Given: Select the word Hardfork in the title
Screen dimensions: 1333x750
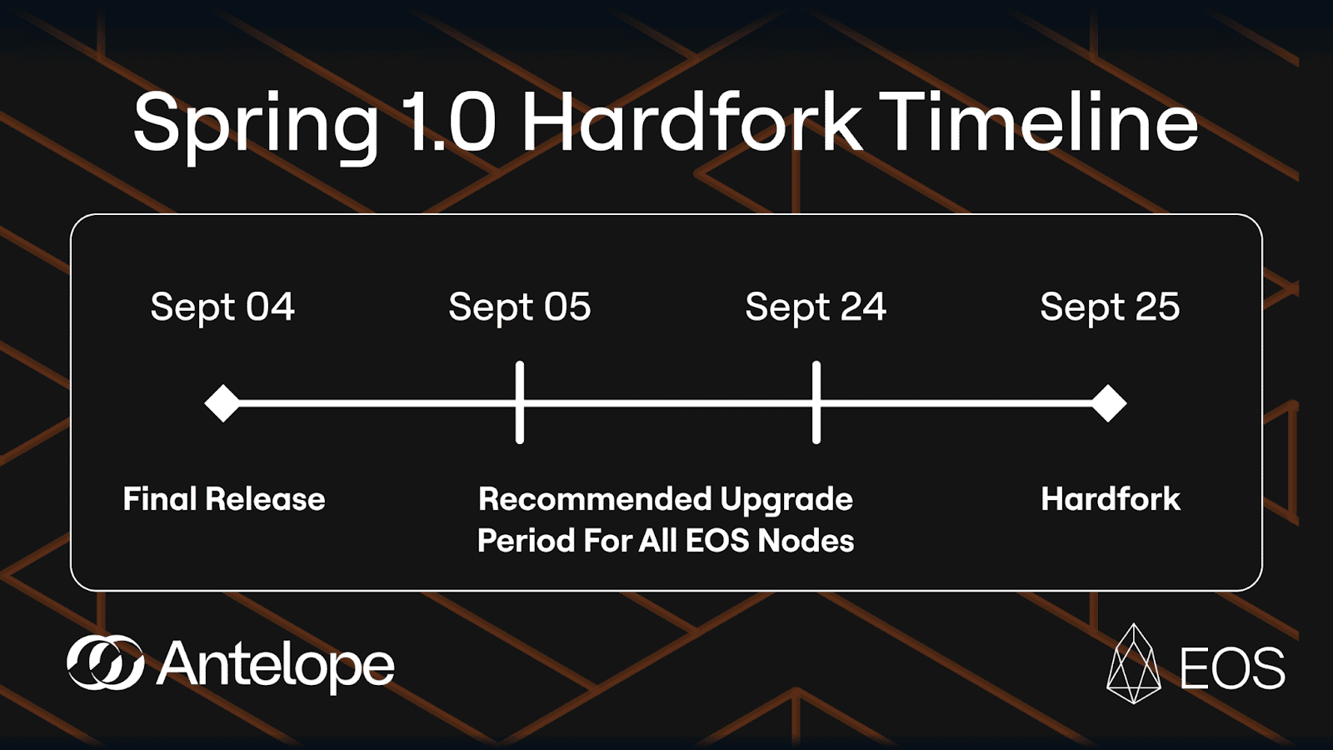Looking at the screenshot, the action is click(692, 121).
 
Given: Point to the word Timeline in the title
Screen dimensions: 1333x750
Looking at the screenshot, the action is click(1039, 121).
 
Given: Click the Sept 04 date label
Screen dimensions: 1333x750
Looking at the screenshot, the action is click(222, 307).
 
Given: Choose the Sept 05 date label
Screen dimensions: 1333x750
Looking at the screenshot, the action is click(520, 307).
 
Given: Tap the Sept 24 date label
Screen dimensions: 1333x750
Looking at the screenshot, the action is click(816, 307).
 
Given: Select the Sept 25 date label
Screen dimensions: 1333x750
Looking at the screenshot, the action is click(1110, 307).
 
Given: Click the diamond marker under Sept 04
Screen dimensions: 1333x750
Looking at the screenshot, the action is click(222, 403).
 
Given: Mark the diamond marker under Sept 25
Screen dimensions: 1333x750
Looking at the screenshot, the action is click(1108, 403).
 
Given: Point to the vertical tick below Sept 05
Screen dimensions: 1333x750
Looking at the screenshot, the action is click(520, 402).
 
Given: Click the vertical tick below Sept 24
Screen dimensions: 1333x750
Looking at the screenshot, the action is click(816, 402).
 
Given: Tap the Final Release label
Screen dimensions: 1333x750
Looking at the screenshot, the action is click(224, 499).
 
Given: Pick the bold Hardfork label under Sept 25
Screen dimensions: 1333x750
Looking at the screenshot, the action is click(1111, 499).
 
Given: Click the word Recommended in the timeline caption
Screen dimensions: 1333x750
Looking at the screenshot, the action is click(595, 499).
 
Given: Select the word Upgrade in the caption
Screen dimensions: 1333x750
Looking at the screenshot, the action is click(786, 501).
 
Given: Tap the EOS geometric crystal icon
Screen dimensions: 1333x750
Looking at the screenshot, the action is click(1134, 663).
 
